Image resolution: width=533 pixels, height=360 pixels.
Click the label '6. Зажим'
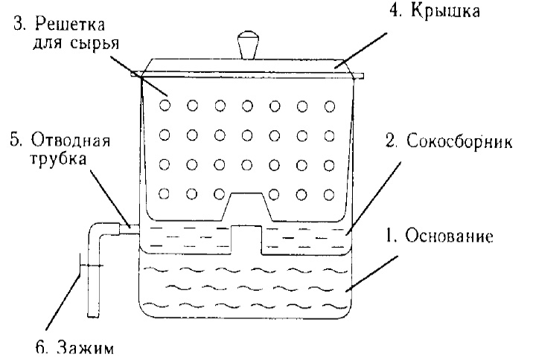point(80,348)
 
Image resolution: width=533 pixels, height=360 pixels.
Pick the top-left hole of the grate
point(165,106)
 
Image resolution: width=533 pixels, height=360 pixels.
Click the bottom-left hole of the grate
point(165,194)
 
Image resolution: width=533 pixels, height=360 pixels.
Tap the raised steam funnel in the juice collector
point(246,238)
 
